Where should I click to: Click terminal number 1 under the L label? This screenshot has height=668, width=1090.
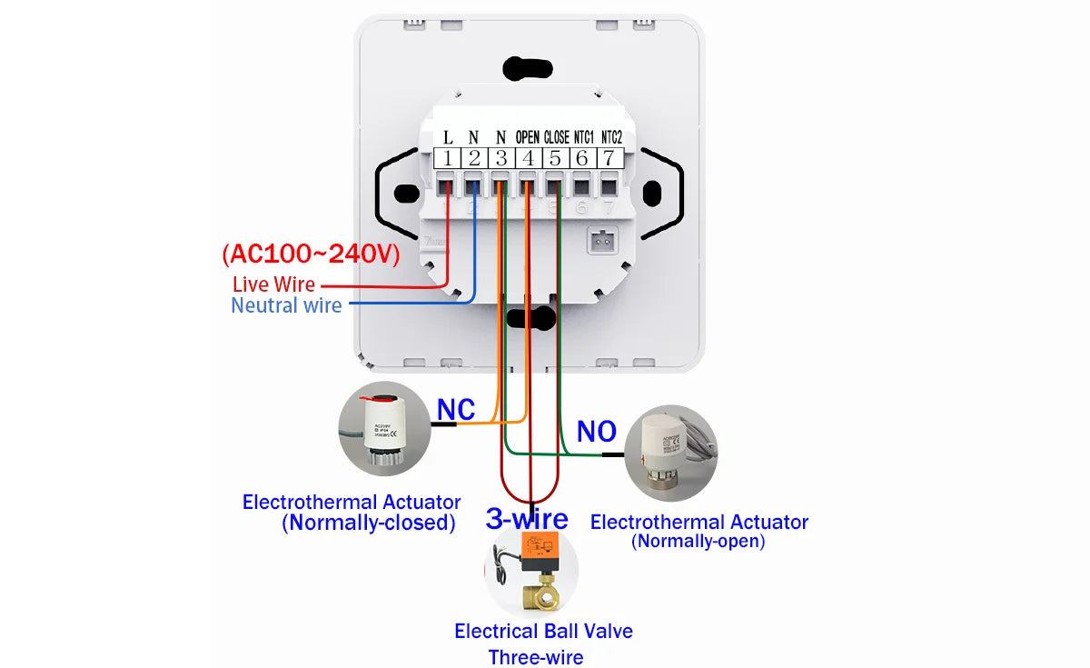(447, 158)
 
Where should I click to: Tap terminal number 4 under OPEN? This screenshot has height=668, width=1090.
(528, 158)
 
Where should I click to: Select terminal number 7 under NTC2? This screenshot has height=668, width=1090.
(609, 158)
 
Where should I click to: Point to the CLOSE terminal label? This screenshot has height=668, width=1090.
(556, 137)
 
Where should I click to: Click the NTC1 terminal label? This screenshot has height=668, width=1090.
(583, 137)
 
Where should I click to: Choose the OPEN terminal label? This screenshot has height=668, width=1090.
(528, 137)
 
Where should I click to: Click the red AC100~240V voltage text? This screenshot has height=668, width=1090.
(311, 254)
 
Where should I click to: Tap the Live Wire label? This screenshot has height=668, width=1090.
(273, 284)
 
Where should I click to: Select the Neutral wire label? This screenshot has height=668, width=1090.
(286, 305)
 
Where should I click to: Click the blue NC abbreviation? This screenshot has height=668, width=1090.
(456, 410)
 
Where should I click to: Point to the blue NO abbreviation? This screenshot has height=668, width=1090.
(596, 432)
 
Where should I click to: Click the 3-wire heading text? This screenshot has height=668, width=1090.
(527, 519)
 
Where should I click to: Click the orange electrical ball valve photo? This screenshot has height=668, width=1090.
(530, 573)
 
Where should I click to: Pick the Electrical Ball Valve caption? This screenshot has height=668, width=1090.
(543, 631)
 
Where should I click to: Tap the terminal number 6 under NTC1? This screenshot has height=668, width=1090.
(582, 158)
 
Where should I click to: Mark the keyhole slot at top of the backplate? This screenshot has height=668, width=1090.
(530, 67)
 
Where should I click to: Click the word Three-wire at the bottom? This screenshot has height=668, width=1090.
(536, 657)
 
